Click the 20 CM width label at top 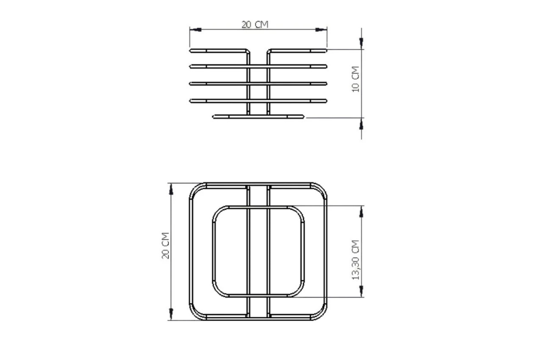255,24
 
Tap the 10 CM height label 355,79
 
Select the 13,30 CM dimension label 356,260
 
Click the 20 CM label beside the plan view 166,246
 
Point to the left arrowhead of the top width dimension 195,30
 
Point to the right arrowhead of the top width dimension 321,30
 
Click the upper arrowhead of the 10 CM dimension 361,43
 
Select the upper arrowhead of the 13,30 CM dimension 361,212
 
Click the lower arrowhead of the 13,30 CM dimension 361,291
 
